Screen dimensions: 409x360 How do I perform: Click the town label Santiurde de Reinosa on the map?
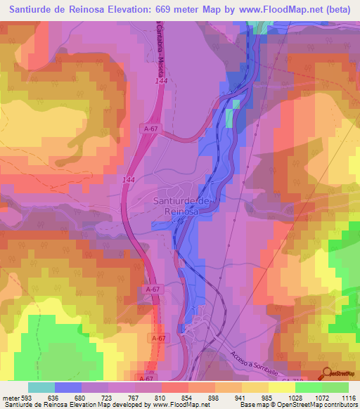(182, 205)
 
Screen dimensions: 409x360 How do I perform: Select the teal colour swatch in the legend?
(41, 387)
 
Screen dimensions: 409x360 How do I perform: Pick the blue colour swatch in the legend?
(67, 387)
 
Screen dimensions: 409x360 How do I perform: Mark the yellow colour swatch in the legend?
(281, 387)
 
